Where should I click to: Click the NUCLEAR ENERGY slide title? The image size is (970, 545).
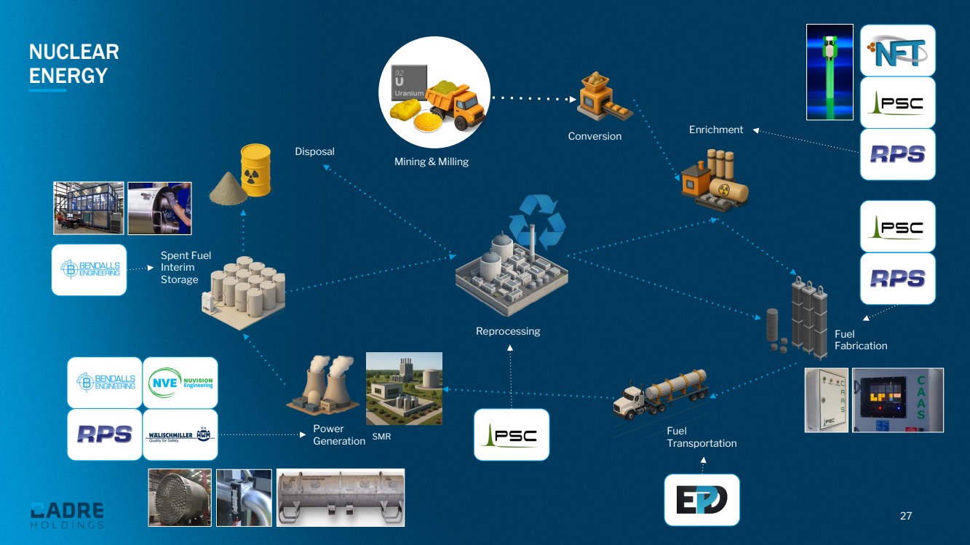[73, 64]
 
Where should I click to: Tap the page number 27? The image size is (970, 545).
[906, 516]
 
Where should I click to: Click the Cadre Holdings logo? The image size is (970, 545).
[68, 514]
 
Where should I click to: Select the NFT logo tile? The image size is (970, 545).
[897, 50]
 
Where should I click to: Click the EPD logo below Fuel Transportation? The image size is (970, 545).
[701, 500]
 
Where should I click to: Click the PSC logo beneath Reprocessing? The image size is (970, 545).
[511, 434]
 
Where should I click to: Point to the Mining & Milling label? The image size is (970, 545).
[432, 162]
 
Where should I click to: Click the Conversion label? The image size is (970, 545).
[595, 136]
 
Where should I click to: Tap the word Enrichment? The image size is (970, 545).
[716, 130]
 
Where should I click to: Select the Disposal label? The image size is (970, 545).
[314, 151]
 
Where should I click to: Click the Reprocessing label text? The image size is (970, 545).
[508, 331]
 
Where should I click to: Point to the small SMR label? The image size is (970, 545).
[381, 437]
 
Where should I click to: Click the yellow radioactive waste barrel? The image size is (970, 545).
[255, 169]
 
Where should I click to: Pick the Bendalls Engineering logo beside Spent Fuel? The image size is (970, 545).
[90, 268]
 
